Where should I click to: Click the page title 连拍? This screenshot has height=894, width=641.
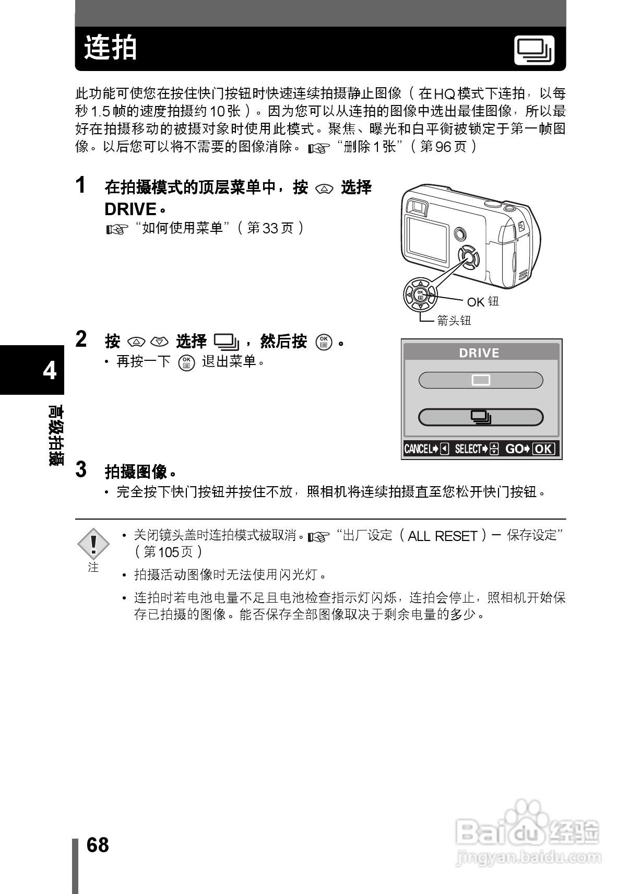[x=111, y=48]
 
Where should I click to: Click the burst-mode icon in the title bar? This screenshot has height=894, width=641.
[x=534, y=51]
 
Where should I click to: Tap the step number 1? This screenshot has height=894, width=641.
[x=81, y=185]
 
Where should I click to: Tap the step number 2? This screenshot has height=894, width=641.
[x=81, y=339]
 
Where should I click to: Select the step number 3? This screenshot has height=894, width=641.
[x=81, y=469]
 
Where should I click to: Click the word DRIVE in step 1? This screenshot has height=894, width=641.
[x=131, y=209]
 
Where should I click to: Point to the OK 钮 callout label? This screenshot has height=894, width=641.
[x=483, y=302]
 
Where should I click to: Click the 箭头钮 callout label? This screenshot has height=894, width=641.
[x=454, y=321]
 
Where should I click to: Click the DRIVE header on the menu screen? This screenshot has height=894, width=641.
[x=479, y=353]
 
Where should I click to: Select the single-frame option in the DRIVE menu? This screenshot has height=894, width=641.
[x=481, y=380]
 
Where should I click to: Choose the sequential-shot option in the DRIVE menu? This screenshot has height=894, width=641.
[x=481, y=417]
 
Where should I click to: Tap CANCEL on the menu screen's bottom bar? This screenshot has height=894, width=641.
[x=418, y=449]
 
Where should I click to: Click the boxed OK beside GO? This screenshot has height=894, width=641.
[x=543, y=449]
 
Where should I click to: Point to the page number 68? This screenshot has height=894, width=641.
[x=98, y=845]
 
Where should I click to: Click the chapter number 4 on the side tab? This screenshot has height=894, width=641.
[x=50, y=370]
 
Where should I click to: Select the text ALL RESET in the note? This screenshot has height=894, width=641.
[x=443, y=536]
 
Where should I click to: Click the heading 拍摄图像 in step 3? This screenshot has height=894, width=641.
[x=136, y=472]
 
